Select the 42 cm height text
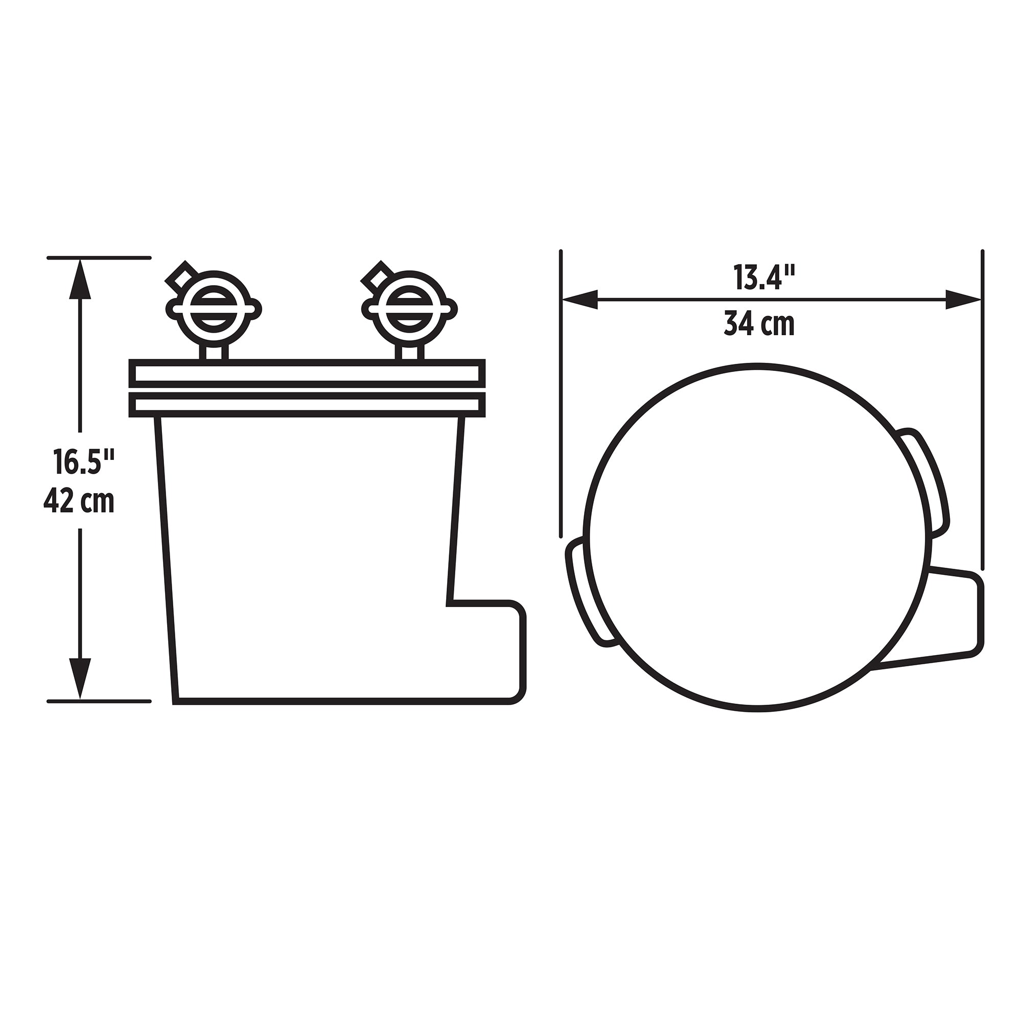point(79,501)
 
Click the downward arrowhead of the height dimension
point(80,678)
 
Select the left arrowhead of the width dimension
point(580,299)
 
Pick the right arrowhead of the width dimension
point(963,299)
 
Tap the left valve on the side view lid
point(214,309)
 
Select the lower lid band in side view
point(307,404)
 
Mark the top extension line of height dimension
point(99,258)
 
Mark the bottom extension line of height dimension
point(99,702)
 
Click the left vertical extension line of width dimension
point(561,391)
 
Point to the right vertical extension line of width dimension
point(982,407)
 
